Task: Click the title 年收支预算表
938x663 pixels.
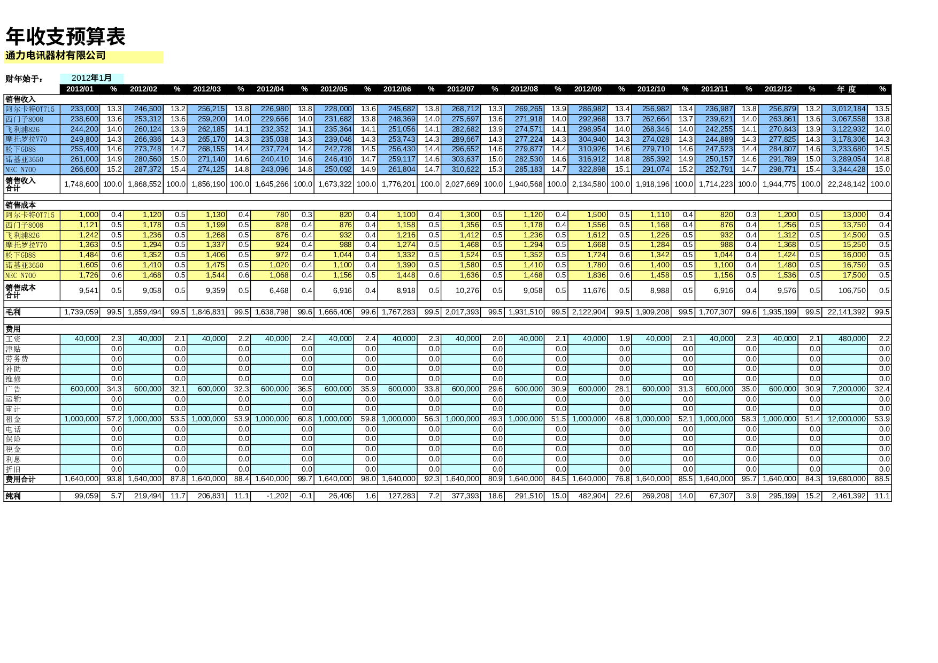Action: point(65,36)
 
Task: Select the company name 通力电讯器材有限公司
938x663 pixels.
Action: point(56,56)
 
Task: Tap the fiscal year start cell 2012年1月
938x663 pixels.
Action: point(91,78)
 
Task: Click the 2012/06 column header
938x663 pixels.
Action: point(397,89)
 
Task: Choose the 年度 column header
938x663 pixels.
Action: point(847,89)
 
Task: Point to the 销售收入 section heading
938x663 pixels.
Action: point(20,99)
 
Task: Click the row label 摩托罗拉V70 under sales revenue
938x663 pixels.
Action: point(26,140)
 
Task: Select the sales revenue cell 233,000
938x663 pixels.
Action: point(84,109)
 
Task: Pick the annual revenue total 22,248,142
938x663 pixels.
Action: point(847,184)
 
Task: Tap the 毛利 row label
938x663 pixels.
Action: point(13,312)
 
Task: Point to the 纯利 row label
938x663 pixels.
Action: point(13,496)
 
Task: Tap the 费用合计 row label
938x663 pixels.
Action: point(20,480)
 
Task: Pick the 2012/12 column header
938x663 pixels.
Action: point(778,89)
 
